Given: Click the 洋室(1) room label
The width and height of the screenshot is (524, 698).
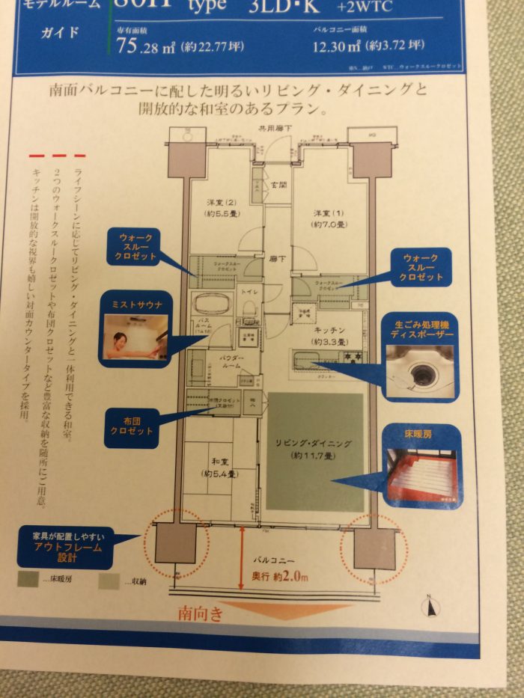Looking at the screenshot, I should click(x=329, y=218).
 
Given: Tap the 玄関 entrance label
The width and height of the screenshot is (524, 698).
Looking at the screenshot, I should click(x=278, y=185).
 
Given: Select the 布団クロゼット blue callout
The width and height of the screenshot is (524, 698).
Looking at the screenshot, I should click(x=132, y=426).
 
